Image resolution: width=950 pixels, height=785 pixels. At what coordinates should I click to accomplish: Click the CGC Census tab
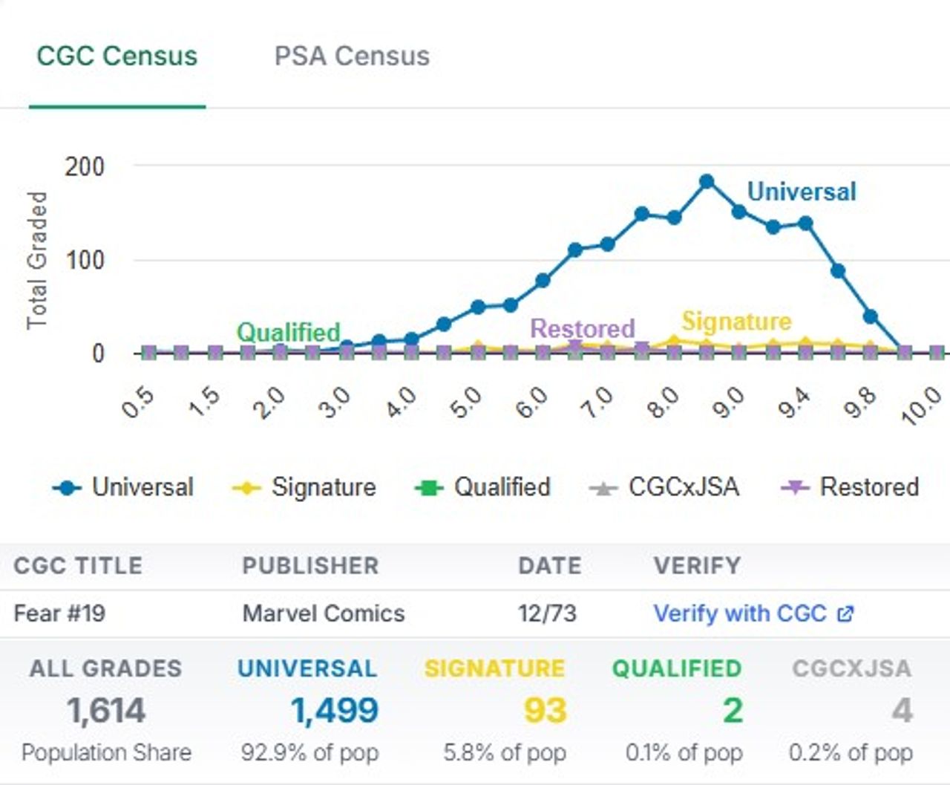tap(117, 56)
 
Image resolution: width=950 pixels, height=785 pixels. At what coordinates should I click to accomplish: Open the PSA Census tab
tap(352, 56)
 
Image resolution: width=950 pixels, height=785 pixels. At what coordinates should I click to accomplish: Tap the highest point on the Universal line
tap(707, 182)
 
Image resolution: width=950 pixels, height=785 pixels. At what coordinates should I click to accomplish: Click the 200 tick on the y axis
tap(84, 166)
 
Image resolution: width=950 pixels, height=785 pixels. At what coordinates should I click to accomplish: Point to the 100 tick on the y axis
tap(84, 261)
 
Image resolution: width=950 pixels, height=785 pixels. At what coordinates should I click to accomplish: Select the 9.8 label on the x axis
tap(861, 403)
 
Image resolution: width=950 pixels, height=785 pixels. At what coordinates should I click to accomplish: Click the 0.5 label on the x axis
tap(138, 403)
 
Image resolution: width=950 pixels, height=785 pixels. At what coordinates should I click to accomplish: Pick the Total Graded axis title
tap(37, 260)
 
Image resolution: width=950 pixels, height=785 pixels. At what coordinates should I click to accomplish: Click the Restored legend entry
tap(851, 487)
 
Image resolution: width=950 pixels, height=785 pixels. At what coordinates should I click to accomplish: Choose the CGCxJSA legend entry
tap(665, 487)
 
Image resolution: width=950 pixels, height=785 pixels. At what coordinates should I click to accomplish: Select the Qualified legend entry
tap(483, 487)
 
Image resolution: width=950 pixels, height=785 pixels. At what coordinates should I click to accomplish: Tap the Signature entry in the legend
tap(304, 487)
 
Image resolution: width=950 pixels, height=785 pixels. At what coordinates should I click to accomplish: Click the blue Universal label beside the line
tap(802, 192)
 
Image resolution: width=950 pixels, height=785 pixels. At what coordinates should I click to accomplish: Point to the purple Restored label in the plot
tap(583, 328)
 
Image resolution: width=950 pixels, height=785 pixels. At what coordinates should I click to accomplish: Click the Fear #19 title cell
tap(59, 613)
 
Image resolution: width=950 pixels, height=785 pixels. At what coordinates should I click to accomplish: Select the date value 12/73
tap(547, 613)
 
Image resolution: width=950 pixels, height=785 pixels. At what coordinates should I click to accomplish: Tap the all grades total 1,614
tap(106, 711)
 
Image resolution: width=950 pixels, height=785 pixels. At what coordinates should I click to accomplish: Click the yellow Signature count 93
tap(545, 711)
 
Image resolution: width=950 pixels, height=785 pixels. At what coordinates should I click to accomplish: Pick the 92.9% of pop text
tap(309, 752)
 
